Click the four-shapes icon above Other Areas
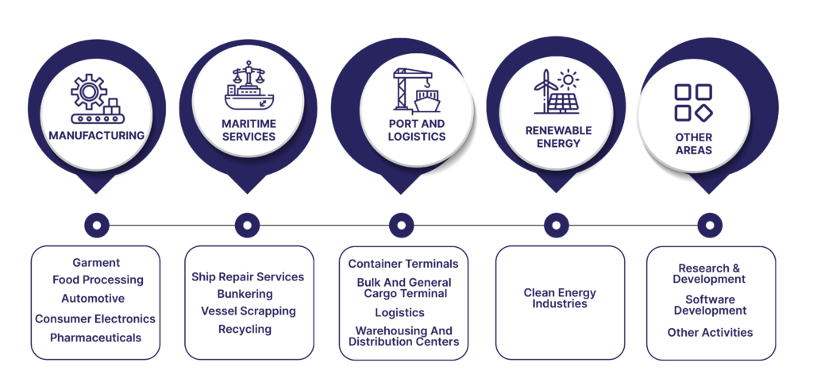coord(693,102)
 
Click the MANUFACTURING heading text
coord(96,135)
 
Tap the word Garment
coord(96,262)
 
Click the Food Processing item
coord(98,280)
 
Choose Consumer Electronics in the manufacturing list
coord(95,319)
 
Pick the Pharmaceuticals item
coord(95,338)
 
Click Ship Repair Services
coord(248,276)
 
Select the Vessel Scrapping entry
coord(248,311)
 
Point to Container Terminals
coord(403,264)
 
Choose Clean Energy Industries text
coord(560,298)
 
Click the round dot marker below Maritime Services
coord(247,226)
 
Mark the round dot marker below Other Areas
coord(710,226)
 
